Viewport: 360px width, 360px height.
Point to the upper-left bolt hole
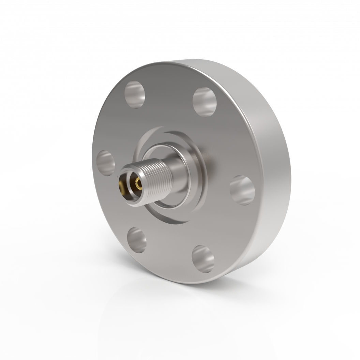pos(135,94)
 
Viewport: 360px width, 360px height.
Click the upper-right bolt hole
pos(205,102)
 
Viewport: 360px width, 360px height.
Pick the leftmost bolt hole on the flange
pos(105,163)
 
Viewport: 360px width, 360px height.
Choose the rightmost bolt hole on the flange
pos(242,190)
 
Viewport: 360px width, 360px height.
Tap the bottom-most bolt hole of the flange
pos(203,259)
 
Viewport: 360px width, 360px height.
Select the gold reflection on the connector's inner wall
pos(121,186)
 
